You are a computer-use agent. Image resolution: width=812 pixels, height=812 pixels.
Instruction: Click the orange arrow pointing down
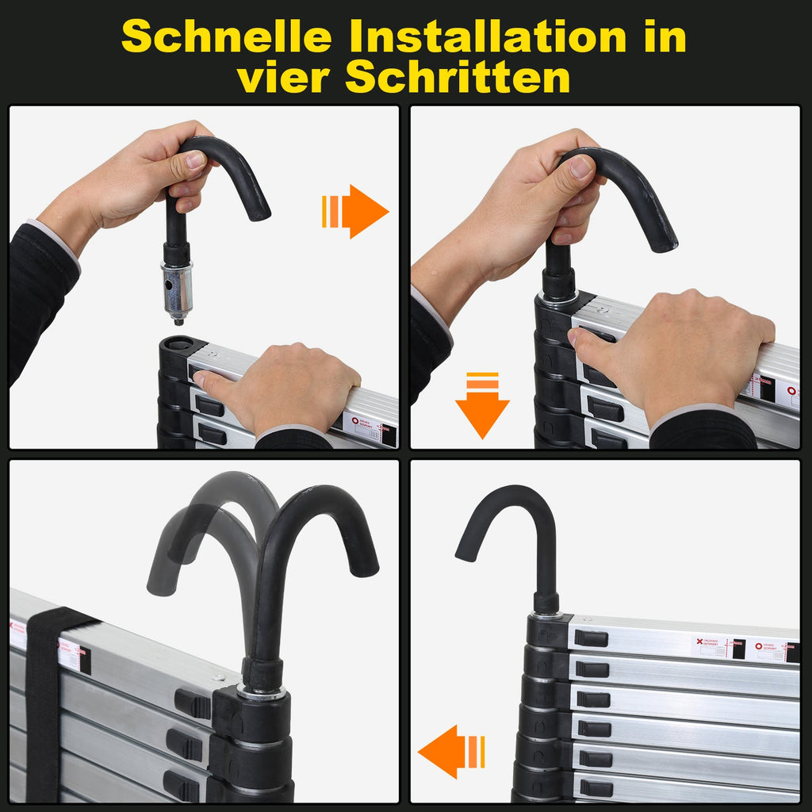pos(482,405)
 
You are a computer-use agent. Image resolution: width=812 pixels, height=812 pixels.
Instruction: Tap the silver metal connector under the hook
pos(177,289)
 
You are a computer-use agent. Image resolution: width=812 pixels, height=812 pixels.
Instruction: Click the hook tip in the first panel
pos(257,213)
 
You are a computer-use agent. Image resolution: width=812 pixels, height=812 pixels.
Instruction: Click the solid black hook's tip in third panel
pos(365,567)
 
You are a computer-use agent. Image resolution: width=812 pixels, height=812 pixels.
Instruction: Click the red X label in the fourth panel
pos(700,641)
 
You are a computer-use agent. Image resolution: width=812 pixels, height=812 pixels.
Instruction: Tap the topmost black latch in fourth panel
pos(591,638)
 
